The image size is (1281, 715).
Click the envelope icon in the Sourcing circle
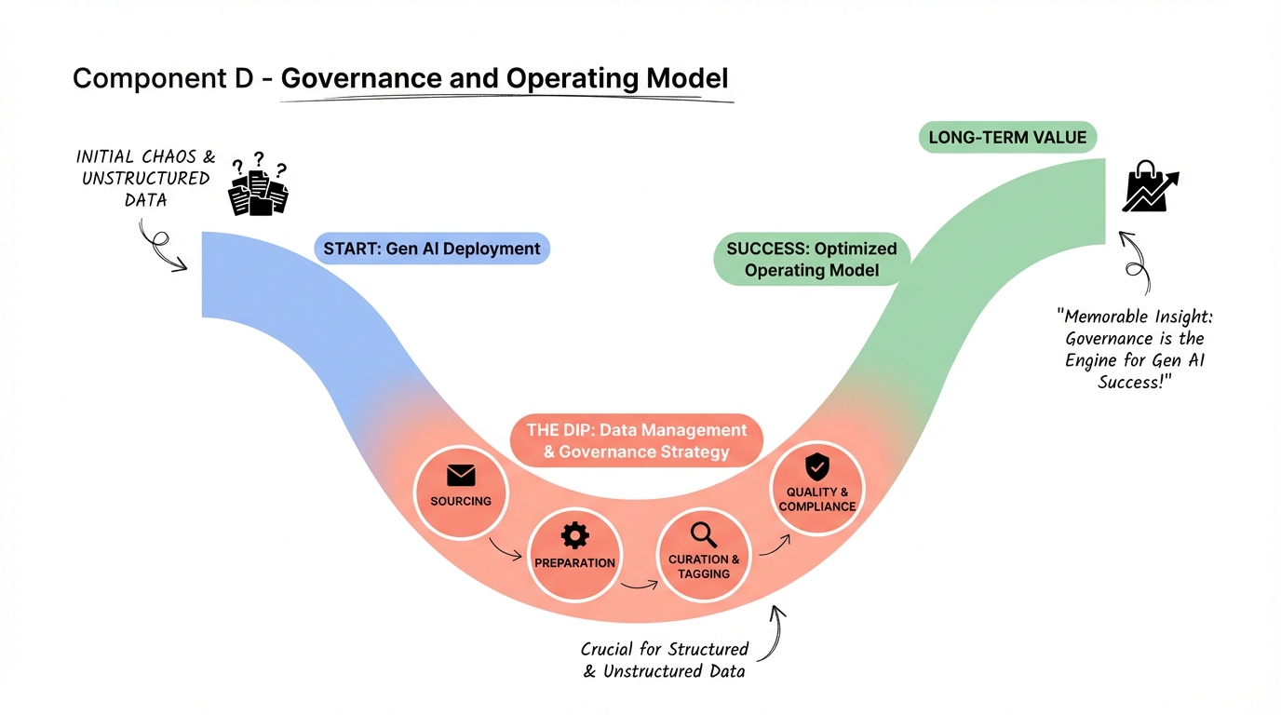pyautogui.click(x=461, y=476)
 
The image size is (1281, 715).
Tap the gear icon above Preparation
pyautogui.click(x=574, y=535)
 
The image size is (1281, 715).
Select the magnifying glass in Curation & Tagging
pyautogui.click(x=703, y=534)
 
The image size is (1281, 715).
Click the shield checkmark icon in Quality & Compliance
pyautogui.click(x=816, y=465)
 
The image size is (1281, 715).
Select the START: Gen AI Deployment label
pyautogui.click(x=432, y=249)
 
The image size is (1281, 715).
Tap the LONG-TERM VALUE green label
pyautogui.click(x=1007, y=138)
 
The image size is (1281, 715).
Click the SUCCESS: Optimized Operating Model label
pyautogui.click(x=811, y=259)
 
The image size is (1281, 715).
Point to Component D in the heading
pyautogui.click(x=163, y=79)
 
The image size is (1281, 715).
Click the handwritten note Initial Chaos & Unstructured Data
pyautogui.click(x=145, y=178)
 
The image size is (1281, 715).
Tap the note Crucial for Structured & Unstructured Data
pyautogui.click(x=664, y=659)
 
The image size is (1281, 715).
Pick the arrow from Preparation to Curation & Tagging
pyautogui.click(x=639, y=585)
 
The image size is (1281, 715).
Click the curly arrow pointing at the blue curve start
pyautogui.click(x=160, y=247)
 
